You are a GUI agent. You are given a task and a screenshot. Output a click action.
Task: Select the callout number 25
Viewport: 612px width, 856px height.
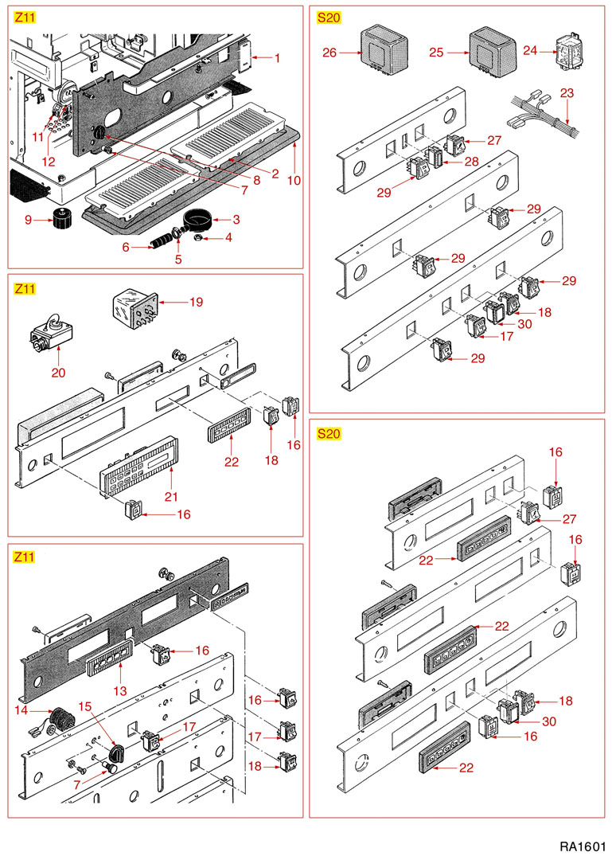435,53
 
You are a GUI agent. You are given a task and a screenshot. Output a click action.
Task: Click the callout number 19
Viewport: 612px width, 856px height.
196,303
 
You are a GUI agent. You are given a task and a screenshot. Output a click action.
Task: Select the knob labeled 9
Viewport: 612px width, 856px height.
60,217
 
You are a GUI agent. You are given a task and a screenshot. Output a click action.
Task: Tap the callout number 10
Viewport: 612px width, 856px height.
294,181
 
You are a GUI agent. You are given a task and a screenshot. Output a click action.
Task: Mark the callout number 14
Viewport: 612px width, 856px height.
22,709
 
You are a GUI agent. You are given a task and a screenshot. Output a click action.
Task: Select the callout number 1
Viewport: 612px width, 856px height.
278,58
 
